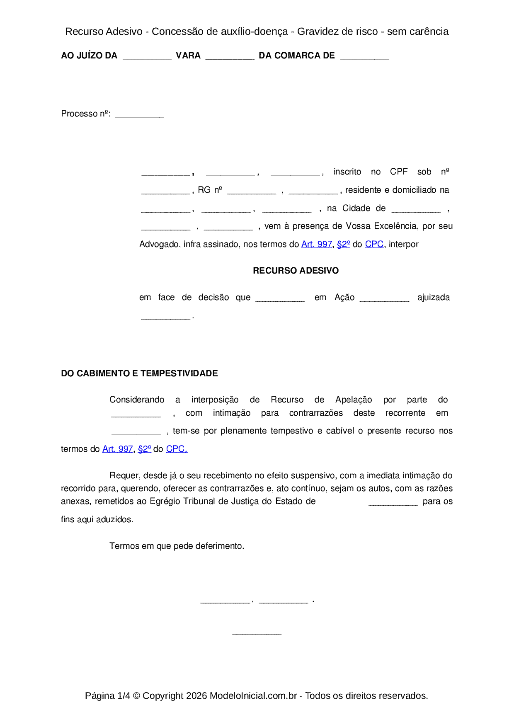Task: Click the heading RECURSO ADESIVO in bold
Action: (296, 271)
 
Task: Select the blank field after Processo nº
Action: (139, 115)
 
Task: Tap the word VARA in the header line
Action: (188, 56)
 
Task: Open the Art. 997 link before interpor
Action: (316, 245)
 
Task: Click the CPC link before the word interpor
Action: (374, 245)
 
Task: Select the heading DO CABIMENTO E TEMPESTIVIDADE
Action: (139, 373)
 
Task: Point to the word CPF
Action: (399, 172)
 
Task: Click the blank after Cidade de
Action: (416, 210)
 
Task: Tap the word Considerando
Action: (137, 400)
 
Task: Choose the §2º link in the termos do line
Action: (144, 449)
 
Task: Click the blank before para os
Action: (393, 503)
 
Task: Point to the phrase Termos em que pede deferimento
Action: (177, 546)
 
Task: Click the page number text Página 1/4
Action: (107, 695)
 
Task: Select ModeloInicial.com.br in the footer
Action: (253, 695)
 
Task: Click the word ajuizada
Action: (433, 297)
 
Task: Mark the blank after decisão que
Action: (280, 299)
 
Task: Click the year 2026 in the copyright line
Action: (196, 695)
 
